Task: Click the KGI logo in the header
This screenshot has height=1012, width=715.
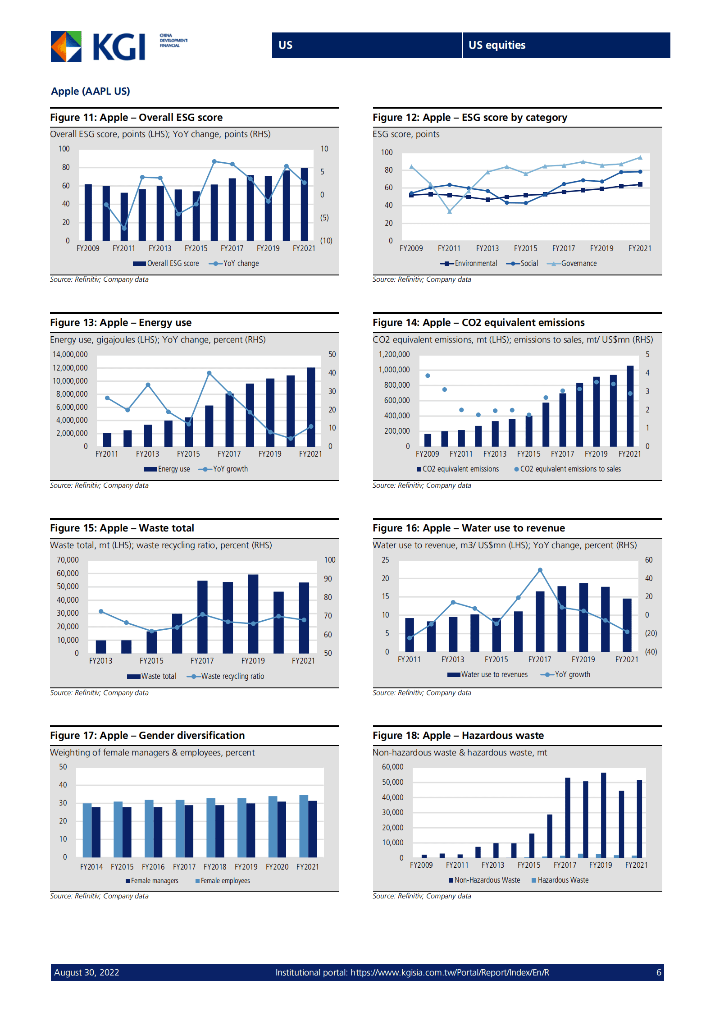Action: (x=98, y=46)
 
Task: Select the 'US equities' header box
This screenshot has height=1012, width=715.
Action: (x=566, y=45)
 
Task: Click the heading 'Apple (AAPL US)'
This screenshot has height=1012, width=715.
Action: (x=91, y=91)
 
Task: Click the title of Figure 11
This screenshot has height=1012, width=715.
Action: (x=136, y=118)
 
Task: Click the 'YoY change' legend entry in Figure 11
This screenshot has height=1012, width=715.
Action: (x=234, y=263)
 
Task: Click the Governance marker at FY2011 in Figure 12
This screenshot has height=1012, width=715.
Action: (x=449, y=211)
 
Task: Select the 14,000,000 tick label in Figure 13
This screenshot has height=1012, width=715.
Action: (x=70, y=354)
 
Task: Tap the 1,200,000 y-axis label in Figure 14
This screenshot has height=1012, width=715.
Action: (x=394, y=354)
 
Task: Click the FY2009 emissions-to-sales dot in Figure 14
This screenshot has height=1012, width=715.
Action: (x=428, y=375)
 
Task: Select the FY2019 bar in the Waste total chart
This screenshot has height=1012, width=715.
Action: (x=253, y=614)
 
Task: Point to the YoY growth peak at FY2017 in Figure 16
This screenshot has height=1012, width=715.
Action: (x=540, y=570)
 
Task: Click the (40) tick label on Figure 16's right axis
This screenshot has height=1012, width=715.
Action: (x=651, y=652)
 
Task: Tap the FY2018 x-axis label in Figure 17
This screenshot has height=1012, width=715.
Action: (x=215, y=867)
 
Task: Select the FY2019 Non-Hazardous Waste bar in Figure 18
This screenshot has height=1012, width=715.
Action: (x=603, y=815)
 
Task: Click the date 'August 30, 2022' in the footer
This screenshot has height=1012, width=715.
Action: (x=87, y=972)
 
